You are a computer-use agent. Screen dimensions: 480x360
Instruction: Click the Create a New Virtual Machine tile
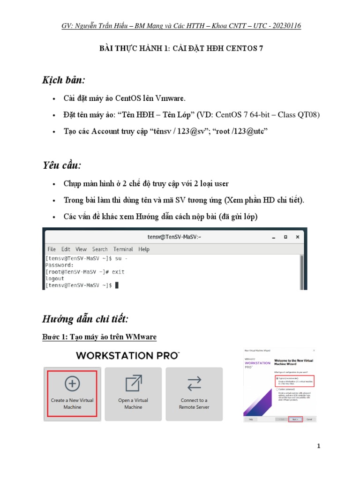coord(72,393)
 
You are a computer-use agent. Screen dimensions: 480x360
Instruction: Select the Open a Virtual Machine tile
coord(133,393)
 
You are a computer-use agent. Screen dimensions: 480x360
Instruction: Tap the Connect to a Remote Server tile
coord(194,393)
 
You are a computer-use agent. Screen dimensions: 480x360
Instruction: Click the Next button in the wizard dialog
coord(295,419)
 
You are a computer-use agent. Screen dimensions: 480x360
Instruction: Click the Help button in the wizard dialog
coord(251,419)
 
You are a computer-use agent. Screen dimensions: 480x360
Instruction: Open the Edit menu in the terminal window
coord(66,249)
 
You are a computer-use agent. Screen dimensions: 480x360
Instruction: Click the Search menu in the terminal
coord(100,249)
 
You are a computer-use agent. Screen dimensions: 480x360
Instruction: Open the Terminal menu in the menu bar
coord(123,249)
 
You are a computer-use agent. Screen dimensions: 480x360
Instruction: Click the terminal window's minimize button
coord(272,237)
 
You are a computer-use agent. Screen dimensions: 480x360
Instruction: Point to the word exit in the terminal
coord(118,272)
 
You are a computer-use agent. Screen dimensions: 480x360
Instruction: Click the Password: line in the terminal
coord(60,265)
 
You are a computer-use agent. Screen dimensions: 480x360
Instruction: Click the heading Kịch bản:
coord(64,80)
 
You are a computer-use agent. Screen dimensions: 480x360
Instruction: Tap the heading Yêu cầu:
coord(62,165)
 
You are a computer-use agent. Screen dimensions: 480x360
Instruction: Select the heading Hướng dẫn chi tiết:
coord(85,320)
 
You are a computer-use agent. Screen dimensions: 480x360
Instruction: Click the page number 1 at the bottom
coord(318,446)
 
